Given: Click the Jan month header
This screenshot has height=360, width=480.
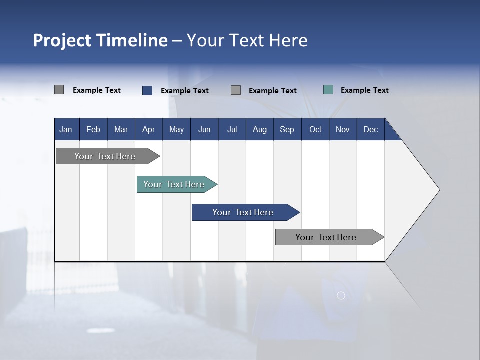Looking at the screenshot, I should coord(66,129).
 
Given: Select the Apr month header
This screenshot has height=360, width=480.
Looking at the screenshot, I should coord(148,129).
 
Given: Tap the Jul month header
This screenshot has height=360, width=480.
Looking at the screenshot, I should coord(232,129).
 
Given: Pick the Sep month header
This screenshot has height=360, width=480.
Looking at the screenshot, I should coord(287,129).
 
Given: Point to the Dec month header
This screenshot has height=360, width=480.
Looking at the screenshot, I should coord(370,129).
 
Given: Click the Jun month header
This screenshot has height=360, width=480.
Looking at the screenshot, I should coord(204,129).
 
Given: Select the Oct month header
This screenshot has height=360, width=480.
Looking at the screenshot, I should coord(315,129).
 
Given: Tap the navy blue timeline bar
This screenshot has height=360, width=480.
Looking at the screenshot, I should coord(243,212).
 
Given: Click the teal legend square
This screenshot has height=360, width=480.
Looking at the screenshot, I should coord(328,90).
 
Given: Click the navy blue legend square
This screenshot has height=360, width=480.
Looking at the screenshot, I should coord(147,90).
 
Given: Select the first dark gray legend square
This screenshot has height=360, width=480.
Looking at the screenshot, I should coord(59,90).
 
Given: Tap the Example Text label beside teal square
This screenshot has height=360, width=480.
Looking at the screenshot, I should coord(364,90).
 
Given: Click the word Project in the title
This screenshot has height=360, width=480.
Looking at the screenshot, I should coord(62,40).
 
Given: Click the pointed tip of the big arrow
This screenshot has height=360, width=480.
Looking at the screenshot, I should coord(438,190).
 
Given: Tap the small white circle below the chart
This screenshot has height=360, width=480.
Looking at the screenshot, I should coord(341,296).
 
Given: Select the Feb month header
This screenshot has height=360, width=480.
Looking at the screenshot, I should coord(93,129).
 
